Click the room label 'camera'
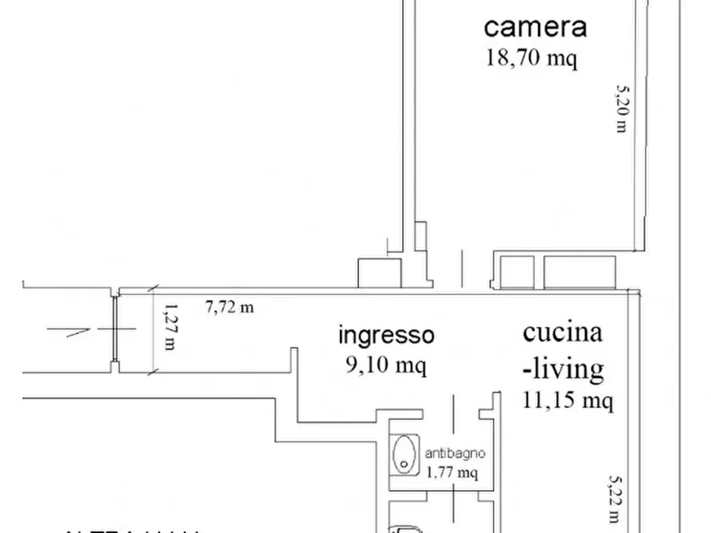click(x=535, y=27)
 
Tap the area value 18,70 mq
click(x=531, y=58)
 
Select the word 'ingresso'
click(x=387, y=336)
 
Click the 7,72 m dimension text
click(x=229, y=306)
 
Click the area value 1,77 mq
click(x=452, y=473)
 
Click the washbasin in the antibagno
click(x=404, y=454)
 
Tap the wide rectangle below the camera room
click(x=580, y=271)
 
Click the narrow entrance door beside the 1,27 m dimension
click(x=115, y=331)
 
